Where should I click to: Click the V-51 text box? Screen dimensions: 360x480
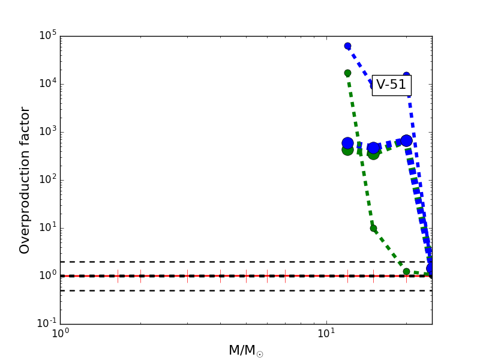pyautogui.click(x=391, y=85)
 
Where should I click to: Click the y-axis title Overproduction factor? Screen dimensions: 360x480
pyautogui.click(x=25, y=180)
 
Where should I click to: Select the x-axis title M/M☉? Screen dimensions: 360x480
pyautogui.click(x=245, y=350)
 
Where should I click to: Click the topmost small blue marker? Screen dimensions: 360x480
pyautogui.click(x=347, y=46)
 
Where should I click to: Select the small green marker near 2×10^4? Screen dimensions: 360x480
pyautogui.click(x=347, y=73)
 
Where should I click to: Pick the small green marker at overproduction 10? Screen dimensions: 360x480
pyautogui.click(x=373, y=228)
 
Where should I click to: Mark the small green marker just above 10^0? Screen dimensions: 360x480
pyautogui.click(x=406, y=271)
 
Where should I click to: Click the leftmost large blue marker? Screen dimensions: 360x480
pyautogui.click(x=347, y=143)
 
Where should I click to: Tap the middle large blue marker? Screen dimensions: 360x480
pyautogui.click(x=373, y=148)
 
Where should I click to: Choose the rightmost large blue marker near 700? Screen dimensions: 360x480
pyautogui.click(x=406, y=140)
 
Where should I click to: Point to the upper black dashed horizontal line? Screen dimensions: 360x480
pyautogui.click(x=180, y=262)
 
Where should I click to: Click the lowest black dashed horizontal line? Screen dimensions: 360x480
pyautogui.click(x=180, y=290)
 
